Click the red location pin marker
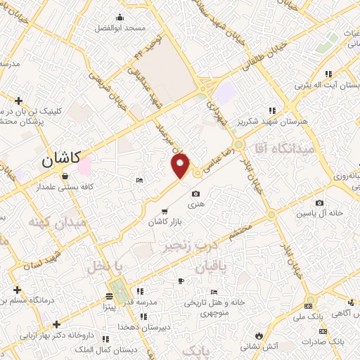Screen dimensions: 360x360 [x=181, y=165]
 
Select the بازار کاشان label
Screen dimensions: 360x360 [x=164, y=222]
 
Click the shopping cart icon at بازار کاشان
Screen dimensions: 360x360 [x=165, y=212]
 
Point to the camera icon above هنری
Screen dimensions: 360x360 [x=195, y=193]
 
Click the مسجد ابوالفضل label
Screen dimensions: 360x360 [x=120, y=27]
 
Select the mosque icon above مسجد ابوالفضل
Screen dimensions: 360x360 [x=120, y=18]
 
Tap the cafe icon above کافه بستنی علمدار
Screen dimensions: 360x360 [x=65, y=177]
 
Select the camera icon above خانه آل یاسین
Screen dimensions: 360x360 [x=320, y=203]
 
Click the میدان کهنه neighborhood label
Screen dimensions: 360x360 [x=58, y=222]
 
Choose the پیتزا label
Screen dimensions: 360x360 [x=110, y=307]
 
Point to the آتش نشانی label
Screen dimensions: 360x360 [x=260, y=346]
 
